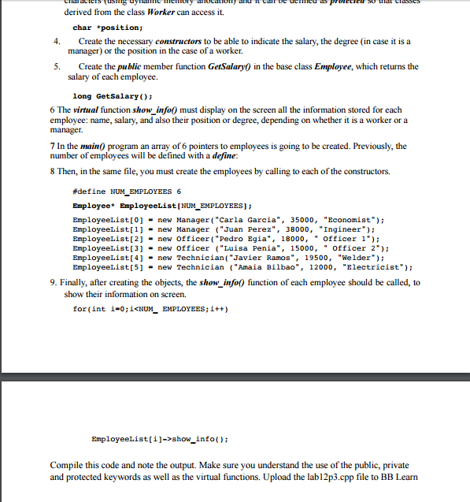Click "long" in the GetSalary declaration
coord(80,96)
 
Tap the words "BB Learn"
coord(398,478)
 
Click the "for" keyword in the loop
coord(77,308)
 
